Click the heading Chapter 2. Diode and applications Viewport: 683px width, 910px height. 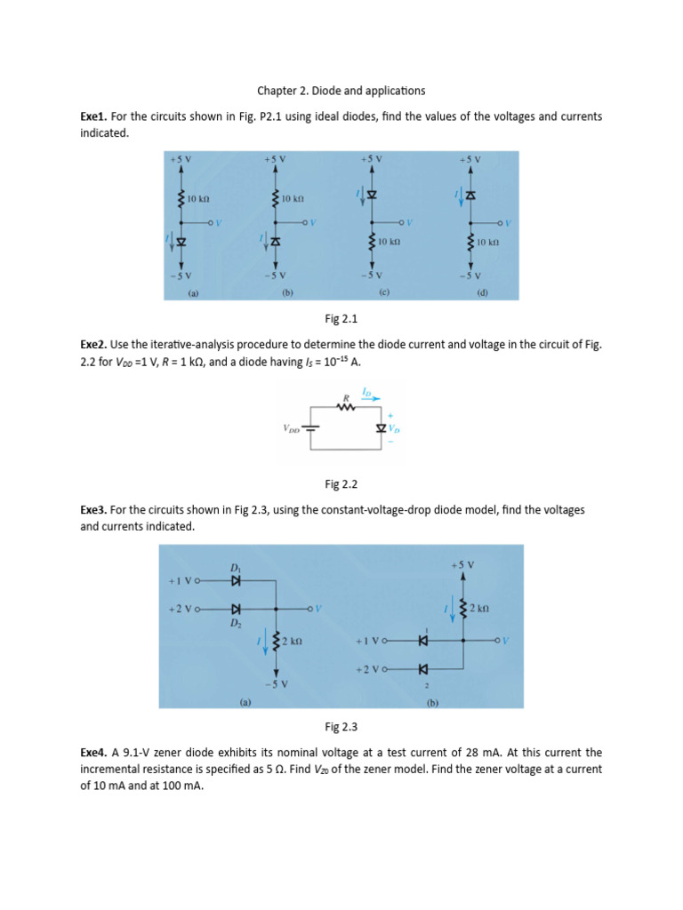pos(341,91)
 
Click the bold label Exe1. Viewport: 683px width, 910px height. pos(93,116)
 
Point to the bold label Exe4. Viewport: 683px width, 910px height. pos(93,753)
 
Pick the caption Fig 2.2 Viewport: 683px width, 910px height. pos(341,484)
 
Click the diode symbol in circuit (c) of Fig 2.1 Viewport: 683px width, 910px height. pos(372,194)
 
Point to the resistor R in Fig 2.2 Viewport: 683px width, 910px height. pos(345,409)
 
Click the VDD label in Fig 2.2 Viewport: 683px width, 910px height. pos(292,428)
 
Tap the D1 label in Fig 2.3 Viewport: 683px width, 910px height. pos(236,567)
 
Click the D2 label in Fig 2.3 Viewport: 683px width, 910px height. pos(236,623)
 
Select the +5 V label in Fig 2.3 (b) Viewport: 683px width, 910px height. pos(462,565)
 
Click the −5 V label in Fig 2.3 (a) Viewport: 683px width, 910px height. pos(276,682)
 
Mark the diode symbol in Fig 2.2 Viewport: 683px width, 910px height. pos(382,428)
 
